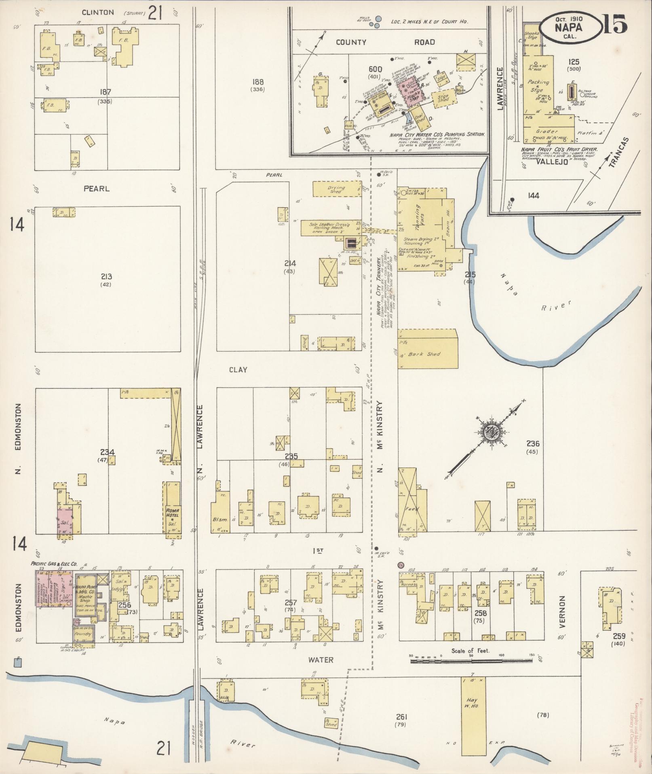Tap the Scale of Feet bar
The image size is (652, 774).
click(471, 662)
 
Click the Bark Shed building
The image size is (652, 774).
click(427, 348)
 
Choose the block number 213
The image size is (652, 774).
click(106, 277)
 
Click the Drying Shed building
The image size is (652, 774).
click(336, 189)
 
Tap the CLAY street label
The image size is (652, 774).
click(238, 369)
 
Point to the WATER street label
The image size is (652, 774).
click(321, 660)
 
